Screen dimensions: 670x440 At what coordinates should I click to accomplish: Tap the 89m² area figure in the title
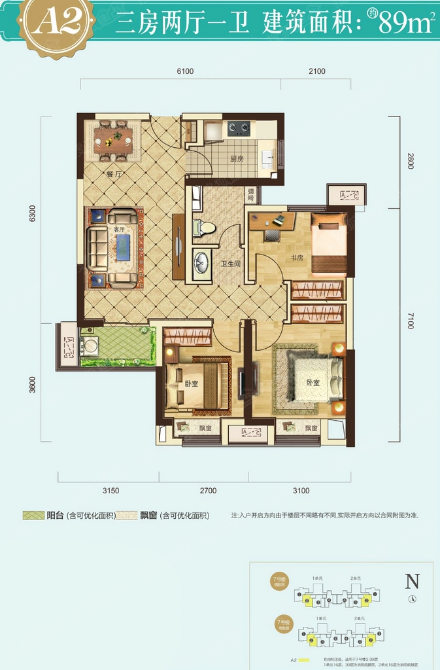coord(406,25)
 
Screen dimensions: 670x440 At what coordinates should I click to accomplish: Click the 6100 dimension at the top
coord(185,71)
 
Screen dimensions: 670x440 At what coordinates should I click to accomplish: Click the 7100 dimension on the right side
coord(410,321)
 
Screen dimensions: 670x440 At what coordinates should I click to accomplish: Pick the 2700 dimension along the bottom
coord(208,490)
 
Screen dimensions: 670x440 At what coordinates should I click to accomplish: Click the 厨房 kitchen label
coord(236,158)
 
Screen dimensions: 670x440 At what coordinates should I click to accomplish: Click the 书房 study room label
coord(297,257)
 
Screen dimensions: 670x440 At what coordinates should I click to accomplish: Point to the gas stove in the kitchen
coord(239,128)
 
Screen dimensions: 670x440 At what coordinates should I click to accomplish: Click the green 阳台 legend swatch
coord(32,516)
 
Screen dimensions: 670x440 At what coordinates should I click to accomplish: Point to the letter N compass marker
coord(412,581)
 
